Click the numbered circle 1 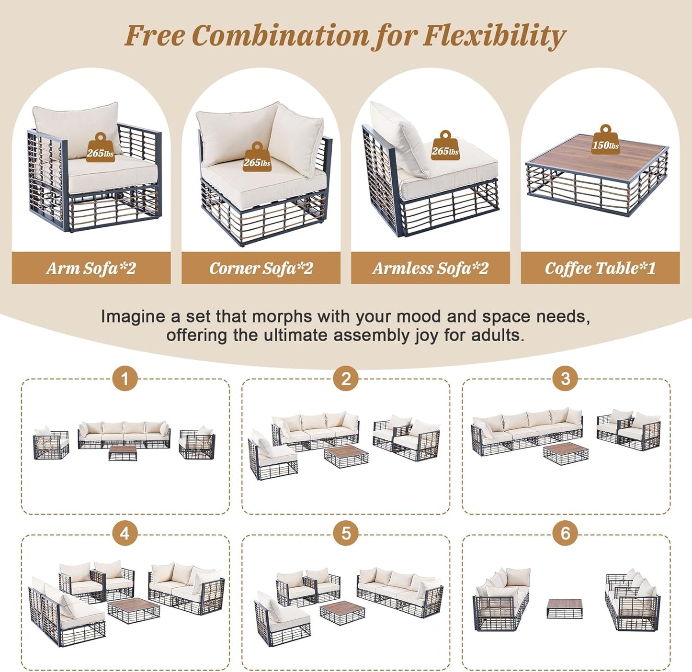pos(125,379)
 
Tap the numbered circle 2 pos(346,379)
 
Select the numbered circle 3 pos(566,379)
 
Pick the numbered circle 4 pos(125,533)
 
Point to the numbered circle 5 pos(346,533)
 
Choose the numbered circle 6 pos(566,533)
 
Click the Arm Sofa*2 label pos(91,268)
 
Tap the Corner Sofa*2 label pos(261,268)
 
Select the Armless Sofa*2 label pos(430,268)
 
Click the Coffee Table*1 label pos(600,268)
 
